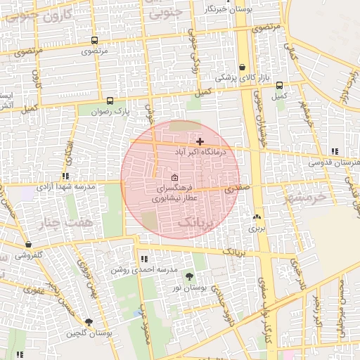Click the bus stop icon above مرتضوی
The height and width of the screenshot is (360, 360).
point(95,41)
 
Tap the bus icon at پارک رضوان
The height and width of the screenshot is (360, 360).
point(109,101)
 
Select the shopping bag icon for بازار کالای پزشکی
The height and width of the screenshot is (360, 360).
point(243,67)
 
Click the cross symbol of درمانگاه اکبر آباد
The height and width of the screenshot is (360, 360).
point(200,142)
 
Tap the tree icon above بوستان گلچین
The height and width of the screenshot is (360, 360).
point(88,321)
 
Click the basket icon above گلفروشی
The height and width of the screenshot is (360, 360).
point(28,245)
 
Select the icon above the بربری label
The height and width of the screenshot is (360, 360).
point(257,217)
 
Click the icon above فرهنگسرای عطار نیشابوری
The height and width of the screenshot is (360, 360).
point(174,177)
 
